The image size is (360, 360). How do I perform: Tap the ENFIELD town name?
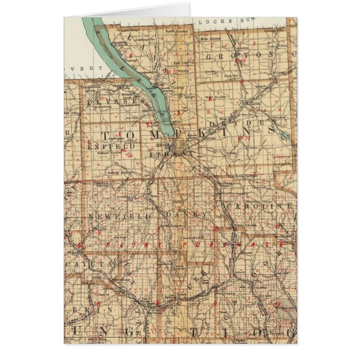(x=105, y=145)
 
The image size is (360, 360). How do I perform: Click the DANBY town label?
(x=179, y=214)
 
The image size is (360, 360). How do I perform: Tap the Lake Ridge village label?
(x=130, y=29)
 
